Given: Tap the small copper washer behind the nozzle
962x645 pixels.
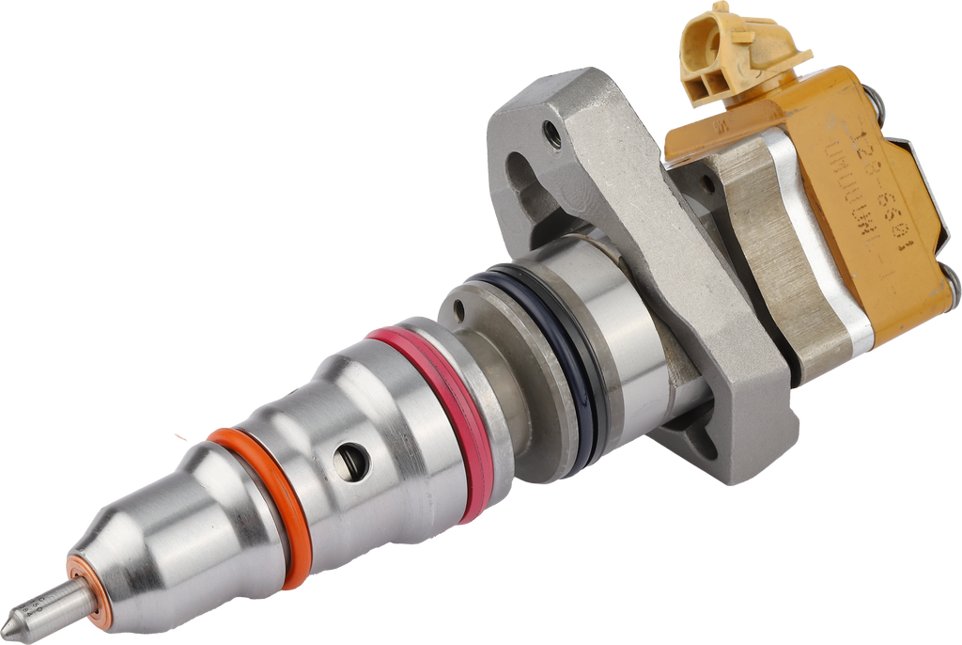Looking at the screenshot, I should [89, 590].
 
